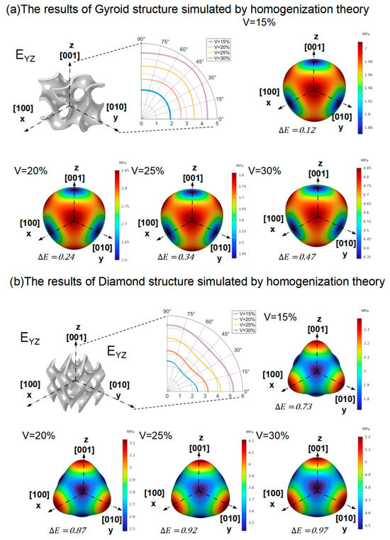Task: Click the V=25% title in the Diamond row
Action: (156, 432)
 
